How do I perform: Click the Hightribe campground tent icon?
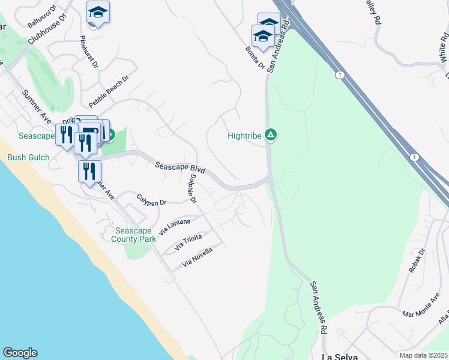(x=271, y=136)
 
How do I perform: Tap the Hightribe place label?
(x=244, y=136)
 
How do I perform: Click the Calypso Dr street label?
(x=151, y=200)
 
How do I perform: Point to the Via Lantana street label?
(x=174, y=226)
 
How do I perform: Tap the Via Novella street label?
(x=197, y=257)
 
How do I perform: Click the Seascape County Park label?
(x=134, y=235)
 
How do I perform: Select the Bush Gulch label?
(x=25, y=158)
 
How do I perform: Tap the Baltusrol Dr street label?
(x=44, y=16)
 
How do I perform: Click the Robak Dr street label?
(x=416, y=261)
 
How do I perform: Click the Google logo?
(x=20, y=353)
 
